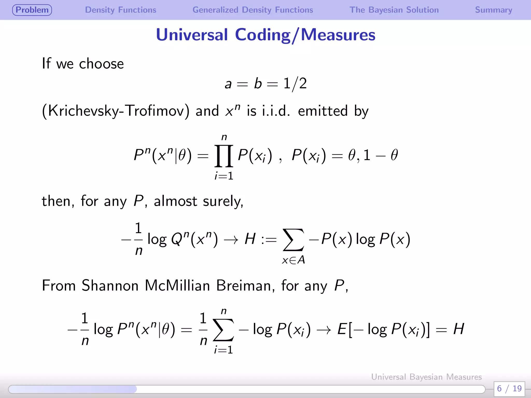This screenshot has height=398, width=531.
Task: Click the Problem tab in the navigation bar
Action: point(32,10)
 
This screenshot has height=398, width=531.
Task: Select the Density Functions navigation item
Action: point(121,10)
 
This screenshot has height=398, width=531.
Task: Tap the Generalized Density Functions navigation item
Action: point(253,10)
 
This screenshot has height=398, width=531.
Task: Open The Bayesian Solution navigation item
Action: point(394,10)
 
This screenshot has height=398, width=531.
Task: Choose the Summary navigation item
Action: point(493,10)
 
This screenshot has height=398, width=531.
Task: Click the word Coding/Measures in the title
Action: point(305,35)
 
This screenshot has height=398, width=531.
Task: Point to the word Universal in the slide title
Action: point(192,35)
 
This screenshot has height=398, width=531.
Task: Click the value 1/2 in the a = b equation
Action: point(295,84)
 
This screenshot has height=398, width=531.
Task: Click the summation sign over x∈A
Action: point(293,239)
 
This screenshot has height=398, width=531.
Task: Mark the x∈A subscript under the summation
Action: point(293,260)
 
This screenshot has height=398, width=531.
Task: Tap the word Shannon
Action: point(110,286)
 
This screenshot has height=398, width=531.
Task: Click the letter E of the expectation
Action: point(342,330)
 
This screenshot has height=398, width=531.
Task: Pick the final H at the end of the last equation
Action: point(458,329)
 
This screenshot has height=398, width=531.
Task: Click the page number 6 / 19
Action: point(509,388)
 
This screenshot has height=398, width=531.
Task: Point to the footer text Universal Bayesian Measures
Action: point(426,377)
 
